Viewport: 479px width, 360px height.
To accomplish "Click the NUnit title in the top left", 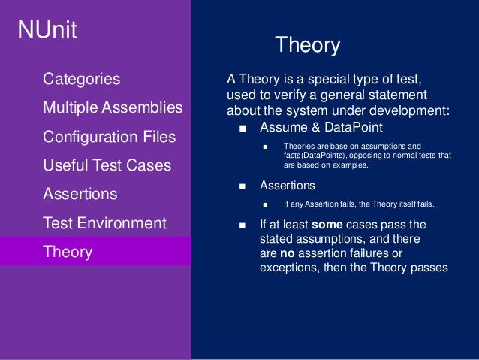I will [x=48, y=31].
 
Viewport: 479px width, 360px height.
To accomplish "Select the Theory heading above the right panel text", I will [x=308, y=45].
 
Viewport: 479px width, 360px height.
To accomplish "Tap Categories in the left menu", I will [x=81, y=79].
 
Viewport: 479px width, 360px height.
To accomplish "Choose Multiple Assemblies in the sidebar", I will [x=113, y=107].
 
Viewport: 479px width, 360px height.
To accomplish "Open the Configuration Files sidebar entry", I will [x=110, y=137].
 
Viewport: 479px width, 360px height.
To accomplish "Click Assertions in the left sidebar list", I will [x=80, y=194].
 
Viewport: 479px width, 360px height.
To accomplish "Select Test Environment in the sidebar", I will [x=104, y=223].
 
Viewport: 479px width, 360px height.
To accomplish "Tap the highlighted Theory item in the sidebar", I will [x=68, y=252].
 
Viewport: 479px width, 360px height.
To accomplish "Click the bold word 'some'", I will [x=327, y=224].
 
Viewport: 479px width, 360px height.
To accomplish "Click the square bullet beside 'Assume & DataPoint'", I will [x=242, y=127].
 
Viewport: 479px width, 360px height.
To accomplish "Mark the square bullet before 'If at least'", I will [x=242, y=225].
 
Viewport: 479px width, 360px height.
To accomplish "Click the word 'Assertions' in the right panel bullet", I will [x=287, y=185].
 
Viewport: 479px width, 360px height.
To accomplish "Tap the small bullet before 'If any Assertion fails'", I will [x=265, y=205].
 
